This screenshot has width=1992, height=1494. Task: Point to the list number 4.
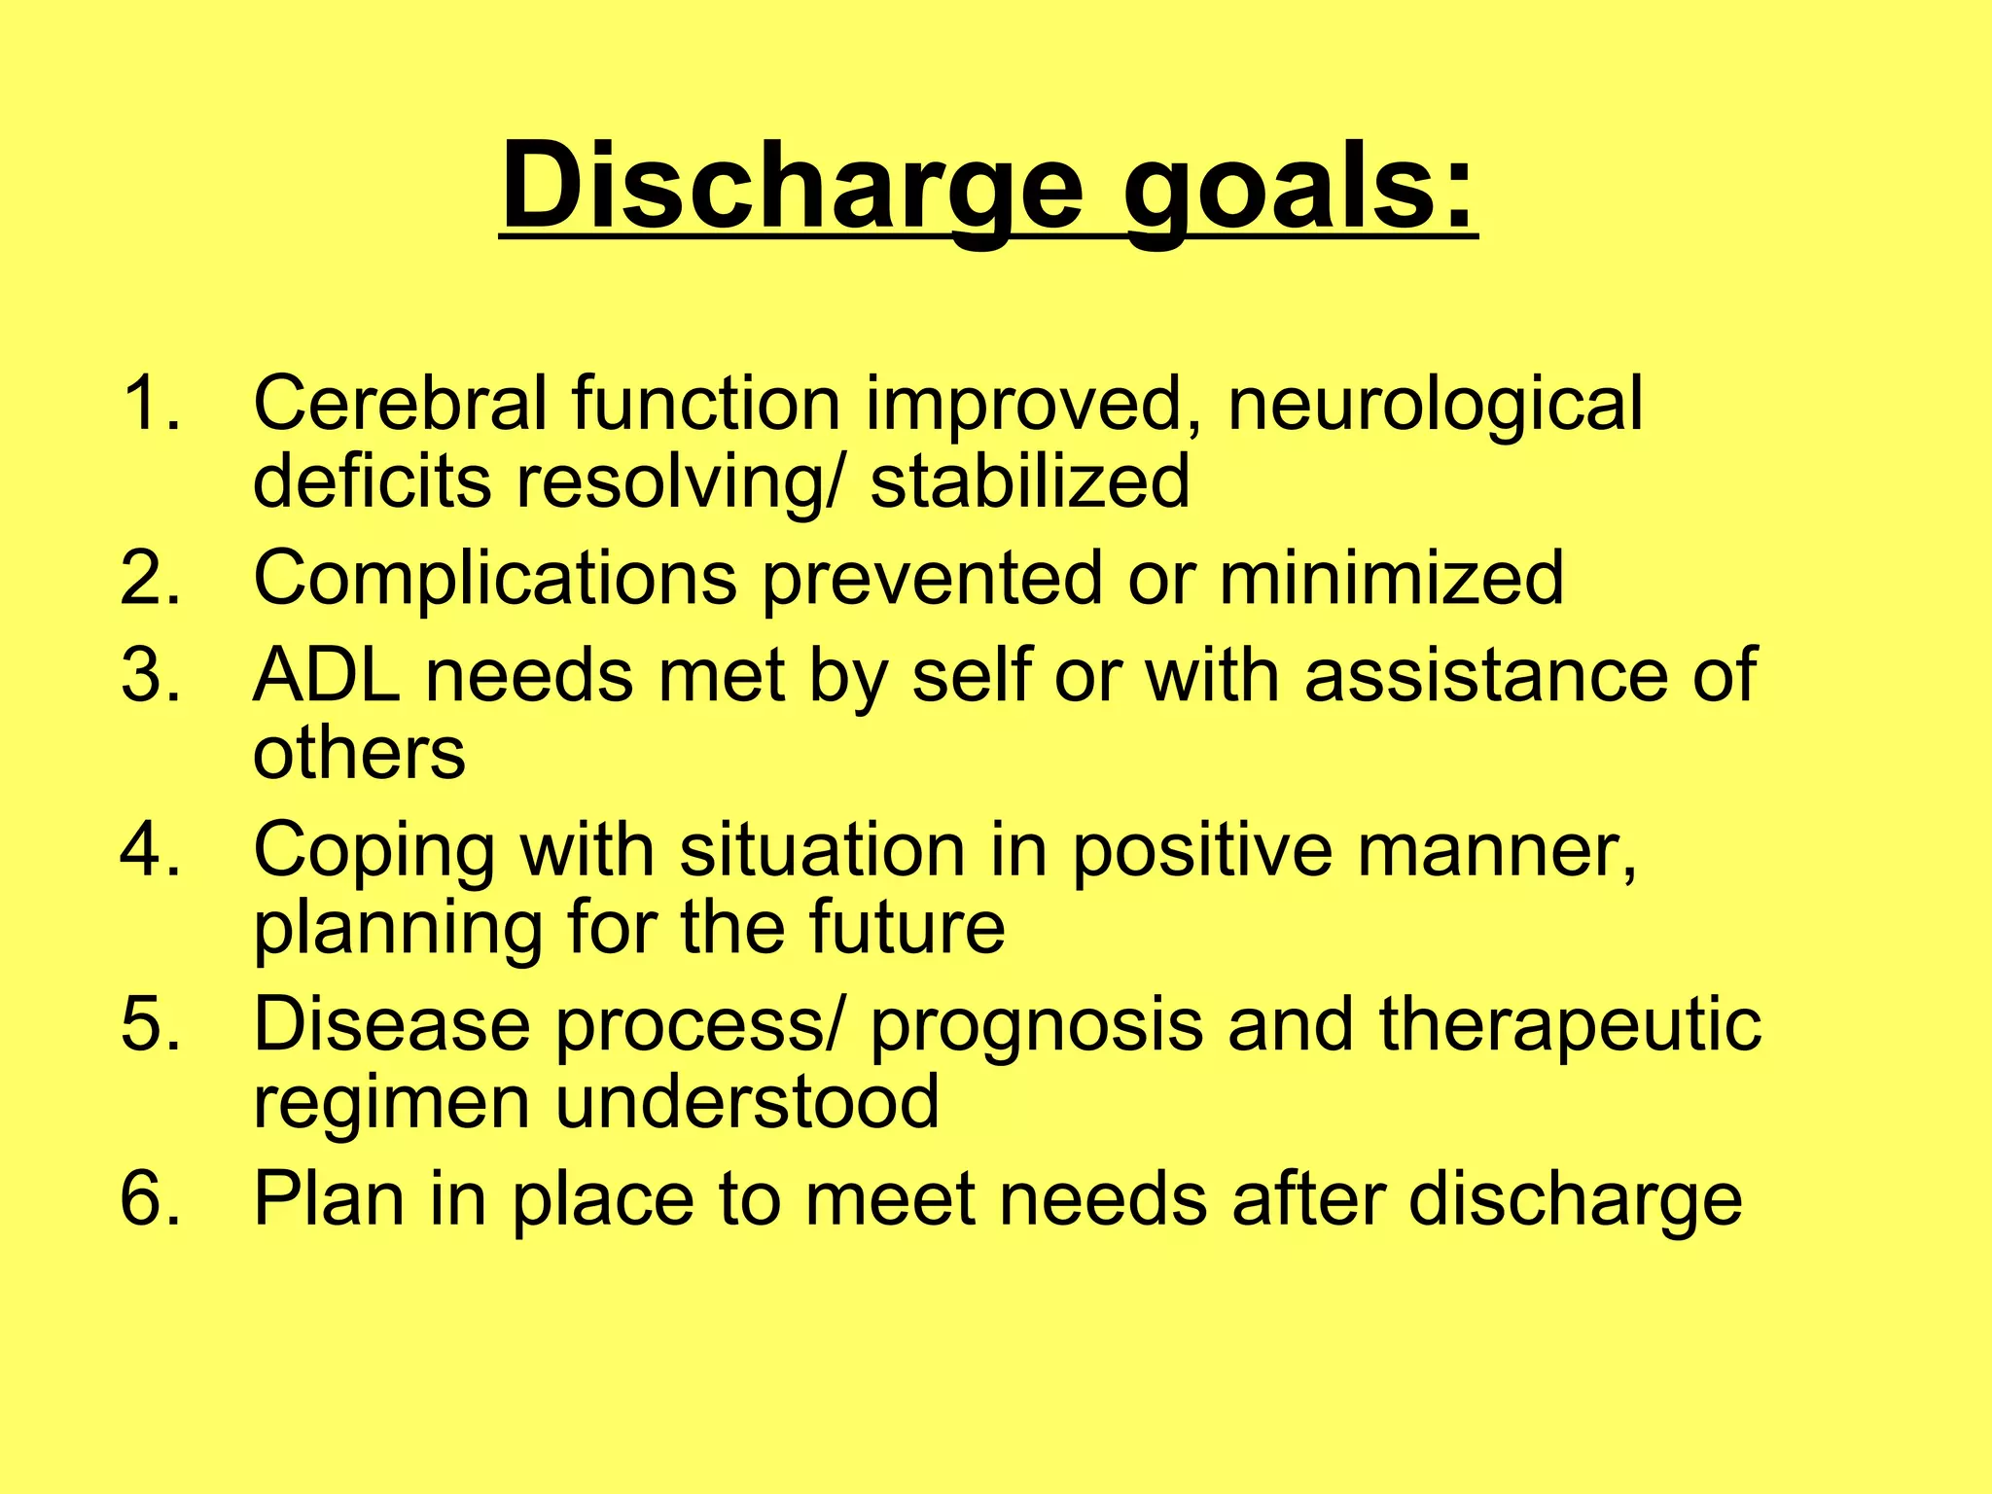click(x=150, y=849)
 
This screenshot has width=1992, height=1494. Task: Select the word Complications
click(x=494, y=580)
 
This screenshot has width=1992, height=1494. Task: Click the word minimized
click(x=1392, y=578)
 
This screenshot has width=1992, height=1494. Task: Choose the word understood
click(x=747, y=1101)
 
